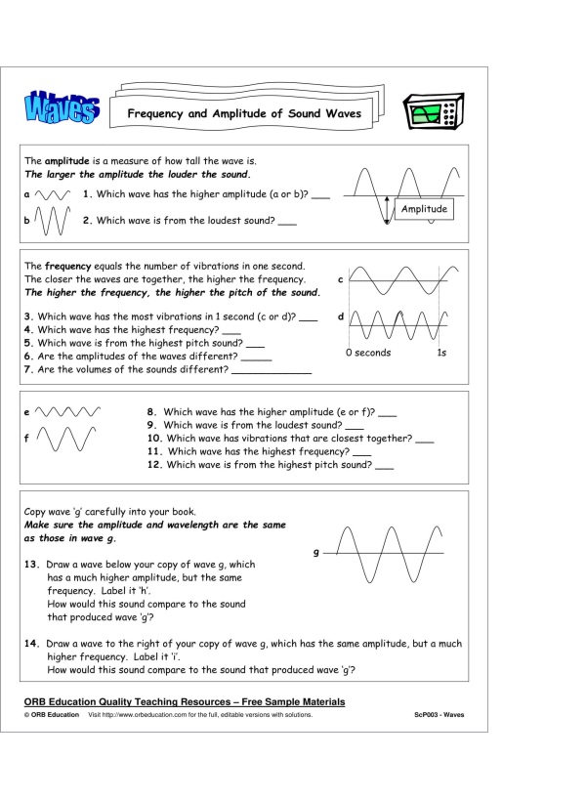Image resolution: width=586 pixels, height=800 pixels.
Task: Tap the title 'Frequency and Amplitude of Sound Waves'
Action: pyautogui.click(x=243, y=114)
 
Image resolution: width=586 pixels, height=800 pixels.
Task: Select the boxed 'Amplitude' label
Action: pyautogui.click(x=424, y=209)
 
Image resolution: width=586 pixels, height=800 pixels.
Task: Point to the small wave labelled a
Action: pyautogui.click(x=51, y=194)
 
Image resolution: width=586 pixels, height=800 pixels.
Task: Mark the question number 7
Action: pyautogui.click(x=29, y=370)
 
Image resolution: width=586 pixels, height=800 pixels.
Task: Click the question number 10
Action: pyautogui.click(x=154, y=439)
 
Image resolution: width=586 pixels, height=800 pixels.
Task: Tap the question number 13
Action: pyautogui.click(x=31, y=565)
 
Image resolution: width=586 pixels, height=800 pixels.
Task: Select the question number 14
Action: pyautogui.click(x=31, y=645)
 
